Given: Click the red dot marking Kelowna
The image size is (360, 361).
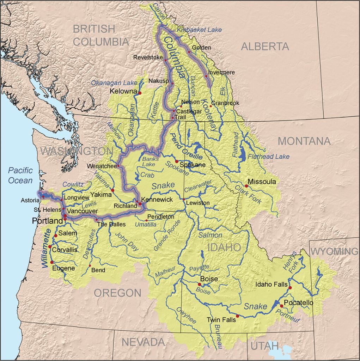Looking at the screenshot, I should (x=140, y=93).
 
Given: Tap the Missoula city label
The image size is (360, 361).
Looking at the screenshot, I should (x=262, y=182).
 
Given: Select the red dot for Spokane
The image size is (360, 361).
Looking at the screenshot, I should (x=177, y=161).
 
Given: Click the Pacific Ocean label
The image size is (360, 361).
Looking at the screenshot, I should (x=20, y=176).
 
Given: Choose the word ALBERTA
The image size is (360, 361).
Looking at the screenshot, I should (x=265, y=46).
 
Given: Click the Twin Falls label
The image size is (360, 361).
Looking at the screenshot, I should (x=220, y=320).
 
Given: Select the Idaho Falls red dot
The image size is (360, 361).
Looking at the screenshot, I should (x=290, y=288).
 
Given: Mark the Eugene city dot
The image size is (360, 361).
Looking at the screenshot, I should (x=52, y=262).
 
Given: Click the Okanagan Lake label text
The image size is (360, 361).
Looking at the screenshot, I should (x=109, y=83).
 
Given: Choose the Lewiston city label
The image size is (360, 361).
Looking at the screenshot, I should (x=198, y=203).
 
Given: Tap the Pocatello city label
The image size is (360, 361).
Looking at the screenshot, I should (x=298, y=303).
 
